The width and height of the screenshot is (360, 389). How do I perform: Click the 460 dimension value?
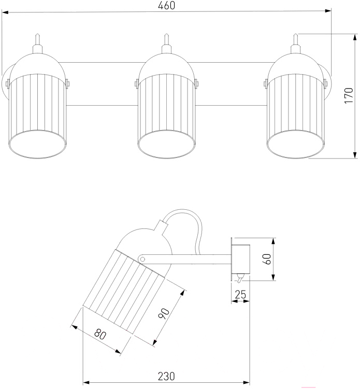(167, 6)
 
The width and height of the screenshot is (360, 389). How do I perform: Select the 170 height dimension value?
(350, 96)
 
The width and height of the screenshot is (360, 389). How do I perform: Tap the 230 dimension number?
(166, 376)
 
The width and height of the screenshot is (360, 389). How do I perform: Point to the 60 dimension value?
(267, 259)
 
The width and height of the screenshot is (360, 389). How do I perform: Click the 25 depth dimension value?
(240, 296)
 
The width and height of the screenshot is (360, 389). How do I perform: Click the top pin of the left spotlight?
(37, 40)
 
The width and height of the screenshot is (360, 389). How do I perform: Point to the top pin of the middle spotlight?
(166, 40)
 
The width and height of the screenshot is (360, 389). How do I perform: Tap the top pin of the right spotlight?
(296, 40)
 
